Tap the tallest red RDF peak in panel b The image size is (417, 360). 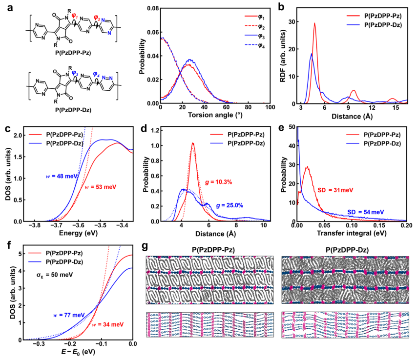point(314,23)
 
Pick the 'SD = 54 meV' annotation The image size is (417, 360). point(366,211)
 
